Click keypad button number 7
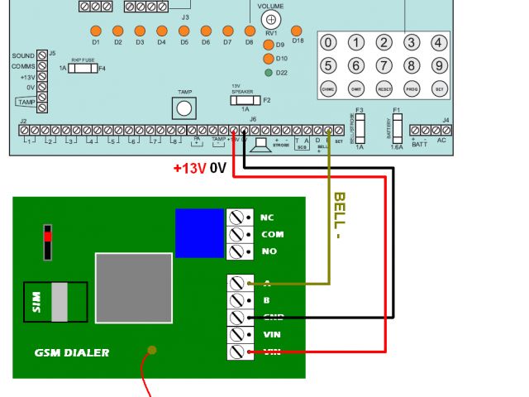[384, 65]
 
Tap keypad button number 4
[440, 43]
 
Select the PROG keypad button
[412, 88]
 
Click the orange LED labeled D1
[96, 31]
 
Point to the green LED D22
[269, 73]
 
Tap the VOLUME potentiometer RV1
[269, 18]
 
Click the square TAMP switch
[184, 108]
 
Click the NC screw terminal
[238, 218]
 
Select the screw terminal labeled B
[238, 300]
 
